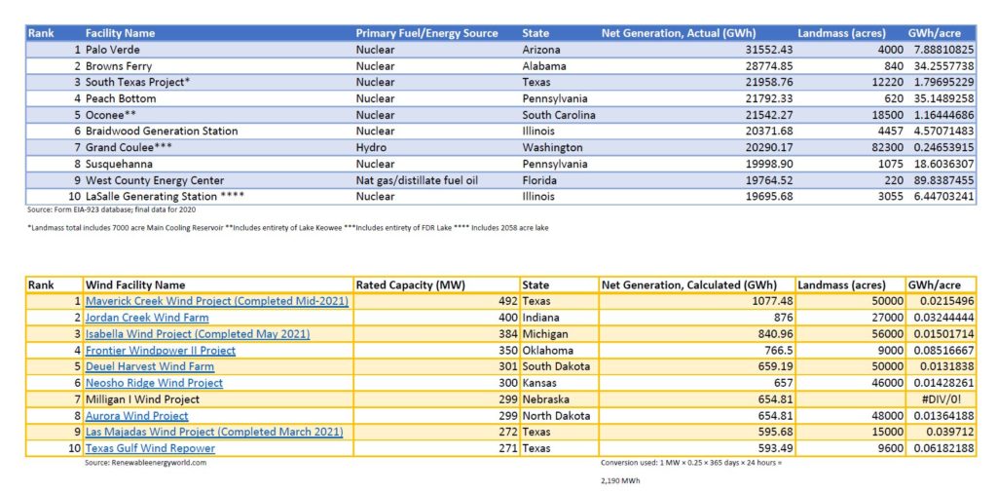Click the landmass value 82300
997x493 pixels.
[870, 148]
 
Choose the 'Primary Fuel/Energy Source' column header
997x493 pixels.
[426, 33]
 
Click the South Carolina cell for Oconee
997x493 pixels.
[559, 115]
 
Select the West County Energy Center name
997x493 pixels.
[155, 180]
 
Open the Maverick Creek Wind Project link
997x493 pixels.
[216, 301]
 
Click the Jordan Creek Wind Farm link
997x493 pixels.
[146, 318]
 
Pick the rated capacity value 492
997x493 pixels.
[506, 301]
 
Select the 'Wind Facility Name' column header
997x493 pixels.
[134, 284]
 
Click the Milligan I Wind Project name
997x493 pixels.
[142, 399]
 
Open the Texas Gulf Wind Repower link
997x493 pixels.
[150, 448]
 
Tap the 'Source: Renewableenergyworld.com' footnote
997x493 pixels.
[146, 463]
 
